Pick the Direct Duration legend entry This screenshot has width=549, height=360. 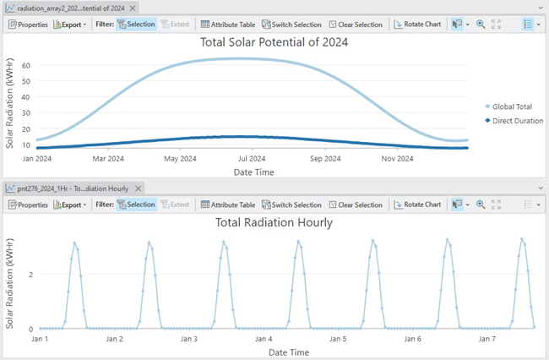point(513,121)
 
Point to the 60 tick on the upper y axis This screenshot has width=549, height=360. point(25,65)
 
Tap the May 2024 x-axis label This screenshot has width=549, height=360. point(182,158)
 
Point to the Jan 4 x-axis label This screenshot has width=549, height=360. point(264,339)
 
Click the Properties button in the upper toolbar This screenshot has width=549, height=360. point(28,25)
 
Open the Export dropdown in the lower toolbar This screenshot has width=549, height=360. point(70,205)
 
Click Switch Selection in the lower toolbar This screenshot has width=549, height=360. point(291,205)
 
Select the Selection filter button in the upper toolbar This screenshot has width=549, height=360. point(135,25)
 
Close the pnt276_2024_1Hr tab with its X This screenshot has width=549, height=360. point(139,188)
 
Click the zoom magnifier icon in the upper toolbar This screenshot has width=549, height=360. point(481,25)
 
